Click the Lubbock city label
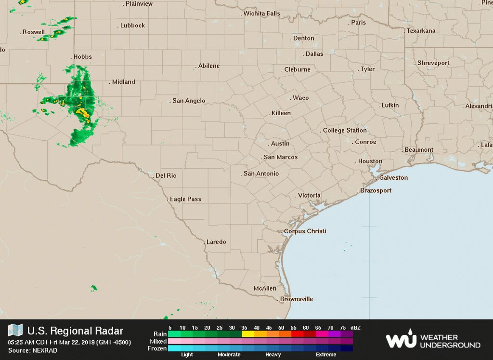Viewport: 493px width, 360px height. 132,26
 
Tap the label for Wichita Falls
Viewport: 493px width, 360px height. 261,13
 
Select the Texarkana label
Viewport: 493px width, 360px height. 421,31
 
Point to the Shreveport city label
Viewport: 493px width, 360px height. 433,63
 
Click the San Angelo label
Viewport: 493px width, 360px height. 189,101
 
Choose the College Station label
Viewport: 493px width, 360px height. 345,131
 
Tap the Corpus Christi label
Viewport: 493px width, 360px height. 305,231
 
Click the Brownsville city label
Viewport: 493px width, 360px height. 297,299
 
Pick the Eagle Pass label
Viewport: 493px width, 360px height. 185,199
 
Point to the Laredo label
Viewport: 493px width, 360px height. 216,242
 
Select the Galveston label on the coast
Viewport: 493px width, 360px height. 393,178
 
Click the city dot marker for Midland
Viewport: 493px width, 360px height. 110,82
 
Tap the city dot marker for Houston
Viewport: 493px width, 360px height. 356,162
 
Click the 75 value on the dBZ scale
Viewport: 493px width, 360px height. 342,328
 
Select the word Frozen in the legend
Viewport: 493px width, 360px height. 157,348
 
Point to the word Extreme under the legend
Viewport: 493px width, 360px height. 325,355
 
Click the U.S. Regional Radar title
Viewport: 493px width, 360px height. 75,331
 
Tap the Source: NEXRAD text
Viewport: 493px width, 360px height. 33,350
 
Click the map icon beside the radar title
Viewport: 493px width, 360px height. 15,330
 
